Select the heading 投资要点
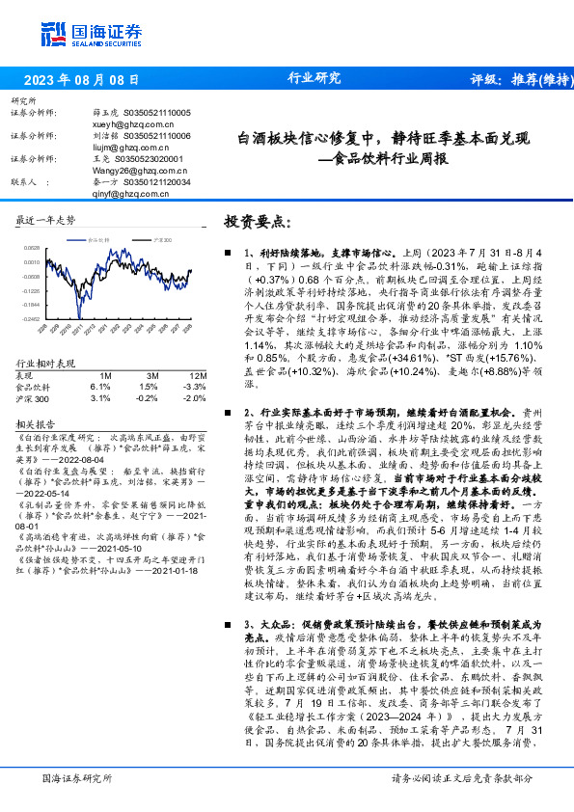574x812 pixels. (256, 221)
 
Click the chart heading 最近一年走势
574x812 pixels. (45, 220)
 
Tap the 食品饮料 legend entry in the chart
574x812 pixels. (98, 237)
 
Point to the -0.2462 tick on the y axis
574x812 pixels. (31, 317)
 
